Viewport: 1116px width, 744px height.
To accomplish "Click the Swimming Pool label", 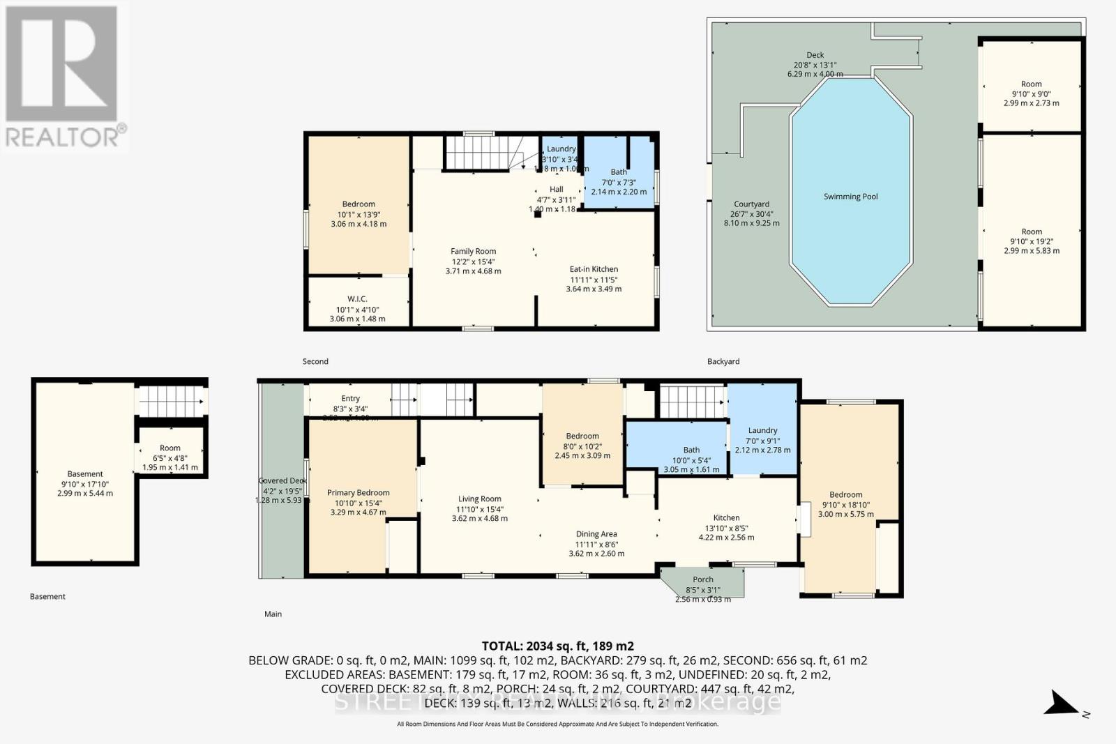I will (x=850, y=197).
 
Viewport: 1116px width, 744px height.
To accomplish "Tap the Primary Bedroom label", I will (x=358, y=493).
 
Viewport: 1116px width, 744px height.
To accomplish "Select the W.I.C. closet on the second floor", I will (x=357, y=303).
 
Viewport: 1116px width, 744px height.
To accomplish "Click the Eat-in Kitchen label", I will (x=594, y=269).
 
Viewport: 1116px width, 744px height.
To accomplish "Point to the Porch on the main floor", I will (x=703, y=582).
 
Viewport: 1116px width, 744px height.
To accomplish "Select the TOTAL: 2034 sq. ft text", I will (x=557, y=646).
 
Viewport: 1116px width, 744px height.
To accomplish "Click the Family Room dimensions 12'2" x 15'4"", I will (x=473, y=261).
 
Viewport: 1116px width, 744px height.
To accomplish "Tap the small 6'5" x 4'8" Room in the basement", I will (x=170, y=453).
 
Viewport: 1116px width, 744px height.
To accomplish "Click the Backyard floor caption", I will (x=723, y=361).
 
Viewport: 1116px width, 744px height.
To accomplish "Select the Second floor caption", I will (x=315, y=361).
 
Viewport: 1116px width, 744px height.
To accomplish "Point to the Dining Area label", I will (x=596, y=534).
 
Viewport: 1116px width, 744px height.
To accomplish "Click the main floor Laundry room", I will (x=762, y=436).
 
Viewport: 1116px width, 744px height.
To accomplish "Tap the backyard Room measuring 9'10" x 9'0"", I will (x=1031, y=89).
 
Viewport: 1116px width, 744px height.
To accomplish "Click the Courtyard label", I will (x=751, y=205).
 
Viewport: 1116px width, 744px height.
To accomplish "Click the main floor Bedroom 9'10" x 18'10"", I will (x=845, y=499).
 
